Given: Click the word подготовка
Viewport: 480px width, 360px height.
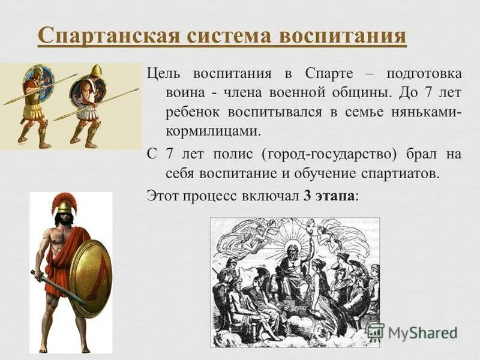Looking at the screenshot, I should pos(424,74).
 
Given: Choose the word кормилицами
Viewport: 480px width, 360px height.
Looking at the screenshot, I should pos(212,131).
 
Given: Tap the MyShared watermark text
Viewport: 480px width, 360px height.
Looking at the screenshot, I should pos(420,332).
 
